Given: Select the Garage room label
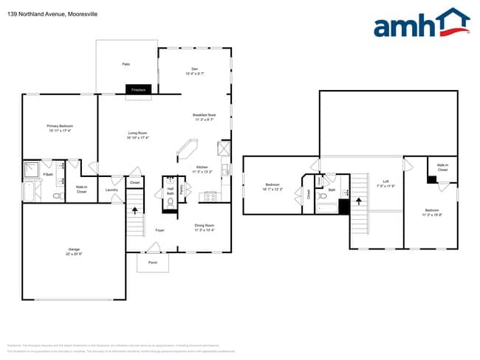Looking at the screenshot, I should [x=69, y=252].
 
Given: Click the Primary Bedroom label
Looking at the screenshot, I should [x=61, y=128].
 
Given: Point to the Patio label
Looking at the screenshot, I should [x=126, y=64].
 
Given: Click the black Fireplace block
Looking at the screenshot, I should [x=138, y=89].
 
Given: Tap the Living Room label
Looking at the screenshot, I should [x=137, y=135].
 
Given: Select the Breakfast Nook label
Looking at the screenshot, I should [x=204, y=117].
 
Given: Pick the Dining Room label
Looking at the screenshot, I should [x=205, y=227].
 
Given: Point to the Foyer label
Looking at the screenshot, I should [x=159, y=231].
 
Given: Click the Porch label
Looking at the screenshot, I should [x=153, y=262].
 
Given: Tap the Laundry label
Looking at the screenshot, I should [x=112, y=190].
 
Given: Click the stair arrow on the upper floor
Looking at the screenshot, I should [x=360, y=199].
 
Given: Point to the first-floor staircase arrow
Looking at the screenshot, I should [x=134, y=211].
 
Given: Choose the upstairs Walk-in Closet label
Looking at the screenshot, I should [x=442, y=167].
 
